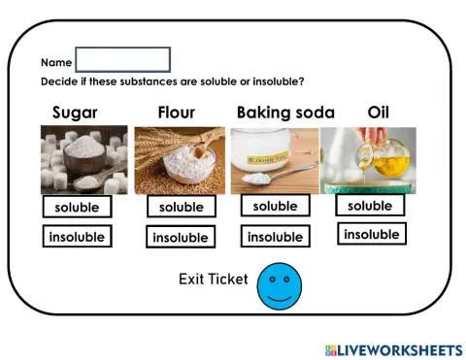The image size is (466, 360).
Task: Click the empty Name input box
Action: [x=122, y=59]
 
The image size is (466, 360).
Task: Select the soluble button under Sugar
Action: [x=76, y=208]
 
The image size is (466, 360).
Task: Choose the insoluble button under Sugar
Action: [x=76, y=236]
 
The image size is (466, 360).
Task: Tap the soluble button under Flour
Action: [x=181, y=207]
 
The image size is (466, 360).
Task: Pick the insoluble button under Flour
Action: [x=180, y=237]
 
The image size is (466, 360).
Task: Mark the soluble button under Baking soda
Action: [x=275, y=206]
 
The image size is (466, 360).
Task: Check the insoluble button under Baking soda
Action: [x=275, y=236]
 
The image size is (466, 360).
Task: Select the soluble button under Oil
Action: [x=369, y=206]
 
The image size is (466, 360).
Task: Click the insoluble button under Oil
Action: [x=371, y=234]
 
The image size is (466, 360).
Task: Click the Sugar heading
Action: [x=75, y=112]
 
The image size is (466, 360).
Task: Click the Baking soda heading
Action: [x=285, y=112]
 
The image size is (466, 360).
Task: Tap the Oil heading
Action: [x=378, y=112]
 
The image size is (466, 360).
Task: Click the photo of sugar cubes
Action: [x=83, y=160]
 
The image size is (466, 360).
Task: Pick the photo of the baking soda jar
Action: [x=274, y=160]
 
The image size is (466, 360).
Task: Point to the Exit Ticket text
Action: [x=213, y=279]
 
